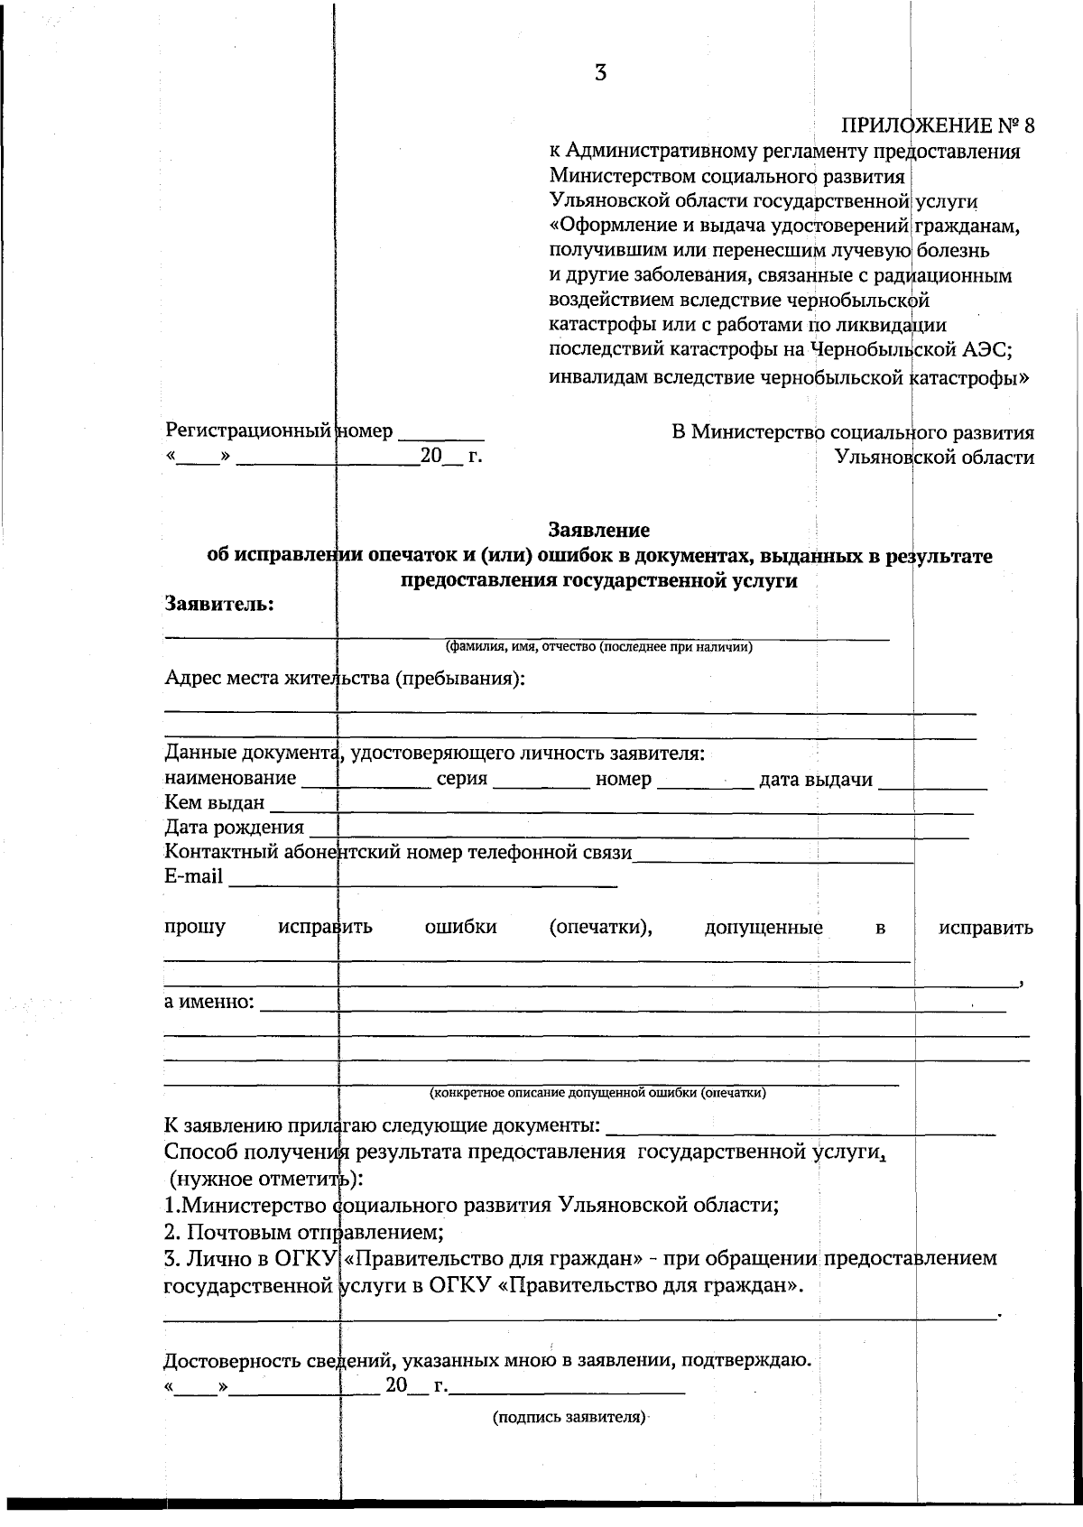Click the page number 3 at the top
click(600, 73)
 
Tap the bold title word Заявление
click(599, 530)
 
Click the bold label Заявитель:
click(219, 604)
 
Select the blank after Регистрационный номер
click(441, 433)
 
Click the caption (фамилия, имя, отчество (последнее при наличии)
click(599, 647)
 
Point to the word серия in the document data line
click(462, 779)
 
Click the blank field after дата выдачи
click(933, 782)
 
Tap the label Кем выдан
click(215, 803)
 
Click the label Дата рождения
click(234, 828)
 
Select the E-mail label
click(193, 876)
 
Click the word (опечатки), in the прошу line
click(600, 927)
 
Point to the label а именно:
click(209, 1002)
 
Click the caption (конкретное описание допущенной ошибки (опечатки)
click(599, 1093)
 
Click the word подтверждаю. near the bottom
click(764, 1358)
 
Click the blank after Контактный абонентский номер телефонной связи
click(773, 856)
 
